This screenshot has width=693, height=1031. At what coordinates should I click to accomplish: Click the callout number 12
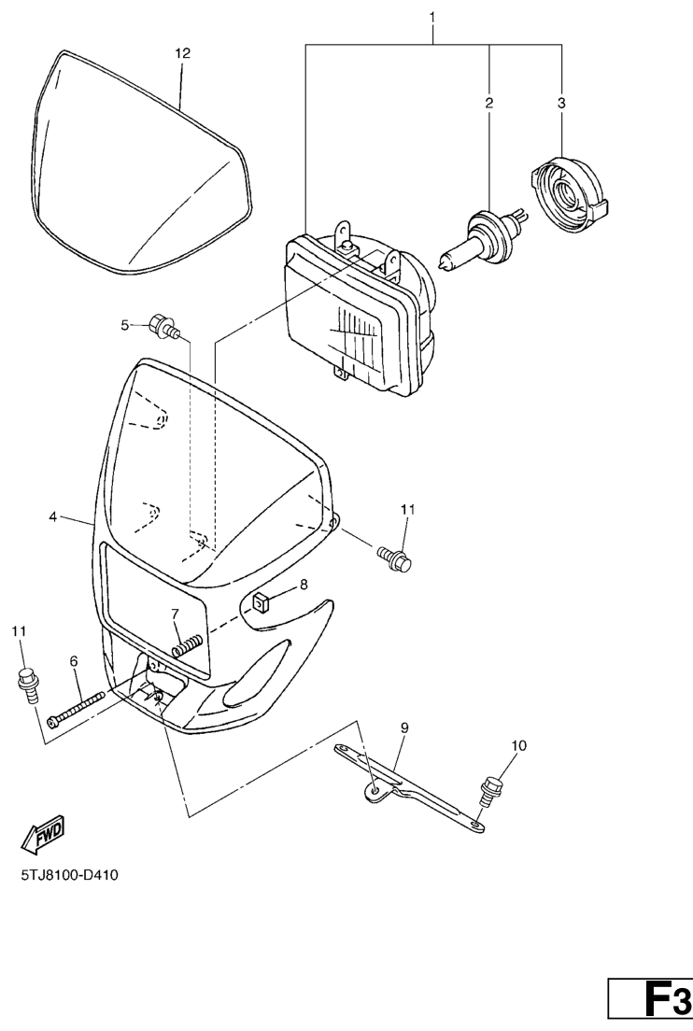tap(182, 53)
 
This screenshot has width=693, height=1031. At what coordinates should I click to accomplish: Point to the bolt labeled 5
tap(166, 327)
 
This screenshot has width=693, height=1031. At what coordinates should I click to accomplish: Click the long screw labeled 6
tap(76, 711)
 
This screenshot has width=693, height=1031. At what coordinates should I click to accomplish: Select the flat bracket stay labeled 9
tap(411, 785)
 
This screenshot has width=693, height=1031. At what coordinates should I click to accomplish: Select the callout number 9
tap(403, 726)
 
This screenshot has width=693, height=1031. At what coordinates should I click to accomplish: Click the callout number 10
tap(518, 745)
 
